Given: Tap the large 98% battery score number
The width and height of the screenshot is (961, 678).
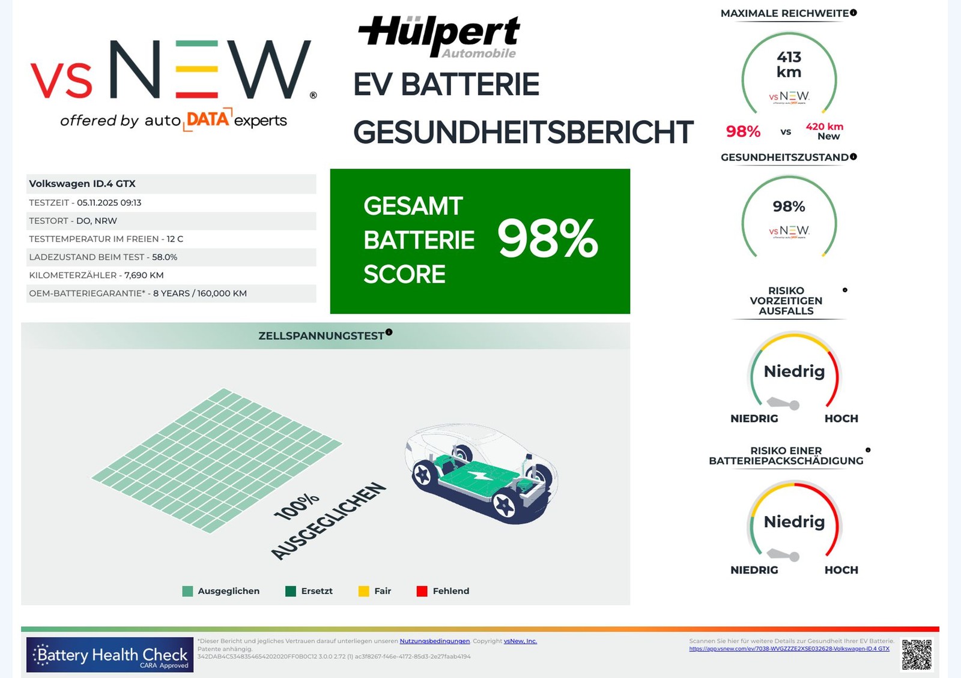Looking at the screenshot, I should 547,239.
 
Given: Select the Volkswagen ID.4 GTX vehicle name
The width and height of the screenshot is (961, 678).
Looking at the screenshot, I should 82,184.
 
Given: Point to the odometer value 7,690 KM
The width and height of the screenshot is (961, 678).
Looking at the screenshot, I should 144,275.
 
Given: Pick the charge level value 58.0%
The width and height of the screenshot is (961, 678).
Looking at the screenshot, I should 164,257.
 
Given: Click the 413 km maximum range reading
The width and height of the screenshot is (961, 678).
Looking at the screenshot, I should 789,64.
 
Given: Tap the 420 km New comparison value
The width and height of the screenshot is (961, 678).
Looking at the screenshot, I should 825,131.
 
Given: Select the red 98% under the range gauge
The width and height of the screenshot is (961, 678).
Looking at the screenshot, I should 743,131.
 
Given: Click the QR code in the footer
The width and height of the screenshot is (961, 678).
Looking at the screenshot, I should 917,654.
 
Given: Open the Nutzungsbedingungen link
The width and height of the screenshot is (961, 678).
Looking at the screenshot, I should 434,641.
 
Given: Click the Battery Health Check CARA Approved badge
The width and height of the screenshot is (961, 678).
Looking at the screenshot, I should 110,655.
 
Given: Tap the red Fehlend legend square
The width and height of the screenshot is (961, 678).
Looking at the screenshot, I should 422,591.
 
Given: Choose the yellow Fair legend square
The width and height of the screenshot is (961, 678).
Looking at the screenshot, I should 363,591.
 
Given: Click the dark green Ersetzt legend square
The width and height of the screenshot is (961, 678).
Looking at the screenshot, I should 291,591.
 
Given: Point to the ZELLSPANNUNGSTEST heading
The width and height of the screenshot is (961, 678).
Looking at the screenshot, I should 321,336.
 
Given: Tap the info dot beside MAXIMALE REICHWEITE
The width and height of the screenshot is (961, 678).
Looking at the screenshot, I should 853,13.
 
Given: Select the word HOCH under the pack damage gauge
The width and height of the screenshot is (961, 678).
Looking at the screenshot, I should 841,570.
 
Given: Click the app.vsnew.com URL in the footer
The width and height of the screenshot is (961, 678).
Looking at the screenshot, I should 789,649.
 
